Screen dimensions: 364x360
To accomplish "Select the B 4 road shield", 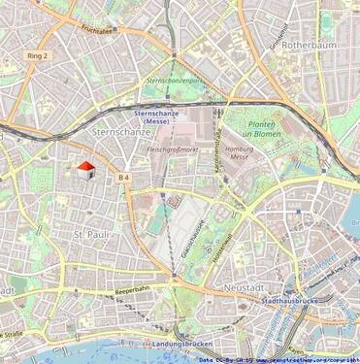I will coord(123,178).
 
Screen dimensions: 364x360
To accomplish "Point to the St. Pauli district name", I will coord(91,235).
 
